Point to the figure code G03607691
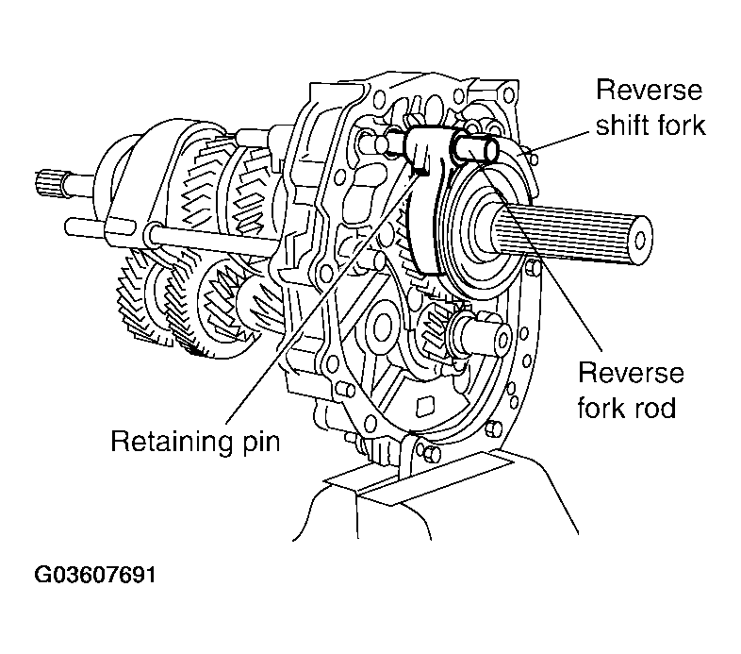[95, 575]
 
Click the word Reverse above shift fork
[650, 90]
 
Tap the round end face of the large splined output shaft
[640, 240]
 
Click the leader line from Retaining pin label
[322, 296]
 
